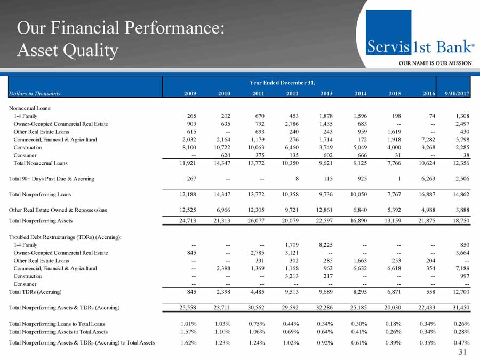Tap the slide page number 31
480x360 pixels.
coord(465,352)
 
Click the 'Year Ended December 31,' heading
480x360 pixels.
coord(283,82)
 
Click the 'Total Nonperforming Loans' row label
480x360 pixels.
coord(41,194)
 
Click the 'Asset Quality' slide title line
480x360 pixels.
coord(67,51)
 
